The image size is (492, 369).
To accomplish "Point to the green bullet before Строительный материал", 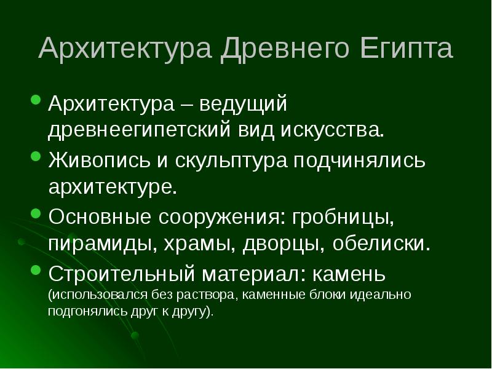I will (x=35, y=270).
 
